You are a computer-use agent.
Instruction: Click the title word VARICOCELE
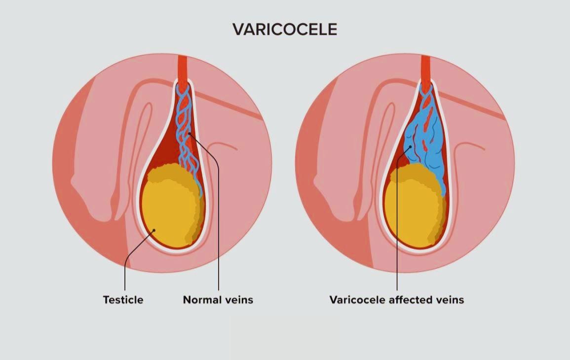(285, 30)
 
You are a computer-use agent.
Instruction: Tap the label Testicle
(123, 299)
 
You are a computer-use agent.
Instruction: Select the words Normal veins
(218, 299)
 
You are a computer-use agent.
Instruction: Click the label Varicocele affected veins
(396, 299)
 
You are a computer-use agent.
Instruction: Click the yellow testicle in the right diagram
(412, 210)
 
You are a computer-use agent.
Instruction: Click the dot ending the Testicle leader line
(154, 230)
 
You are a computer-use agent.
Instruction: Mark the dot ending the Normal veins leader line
(190, 134)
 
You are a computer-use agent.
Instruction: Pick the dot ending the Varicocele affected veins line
(410, 146)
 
